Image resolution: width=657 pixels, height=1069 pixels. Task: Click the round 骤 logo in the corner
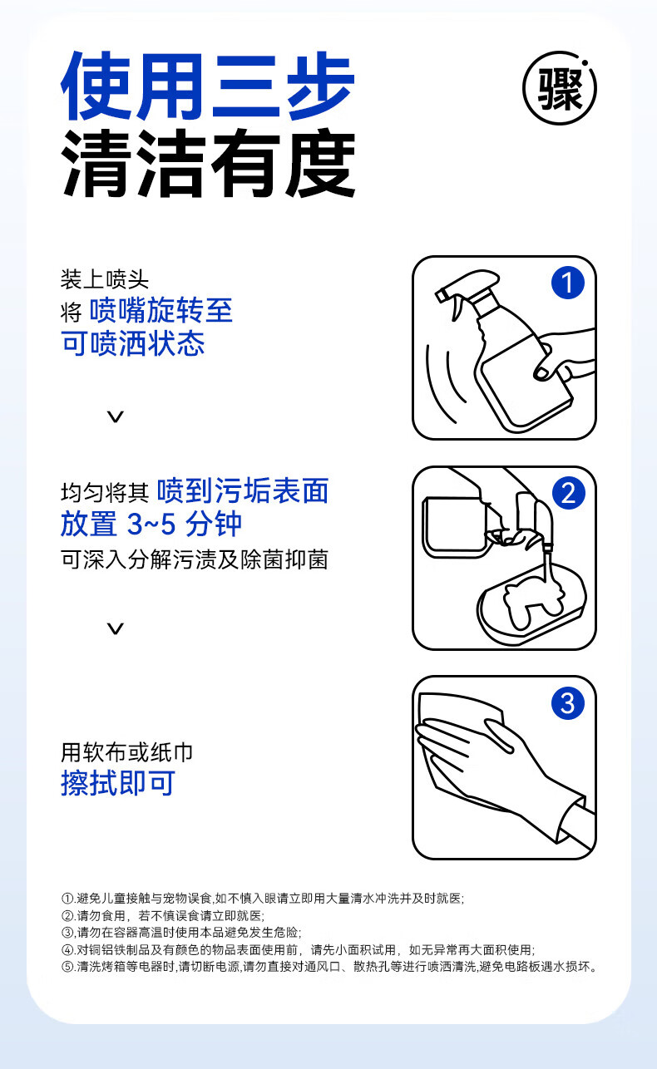pyautogui.click(x=559, y=88)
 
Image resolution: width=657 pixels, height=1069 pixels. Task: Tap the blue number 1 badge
pyautogui.click(x=568, y=283)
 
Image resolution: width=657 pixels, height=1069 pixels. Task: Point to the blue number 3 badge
pyautogui.click(x=568, y=703)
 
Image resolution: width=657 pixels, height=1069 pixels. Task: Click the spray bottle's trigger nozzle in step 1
pyautogui.click(x=466, y=286)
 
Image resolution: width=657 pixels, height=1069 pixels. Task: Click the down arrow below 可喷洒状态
pyautogui.click(x=115, y=416)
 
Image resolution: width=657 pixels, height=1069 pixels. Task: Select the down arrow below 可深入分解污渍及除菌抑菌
pyautogui.click(x=115, y=628)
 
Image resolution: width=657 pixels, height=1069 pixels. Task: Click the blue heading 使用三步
pyautogui.click(x=208, y=86)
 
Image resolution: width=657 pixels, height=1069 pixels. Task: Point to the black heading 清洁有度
pyautogui.click(x=209, y=163)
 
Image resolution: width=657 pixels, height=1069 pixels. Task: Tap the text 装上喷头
pyautogui.click(x=105, y=279)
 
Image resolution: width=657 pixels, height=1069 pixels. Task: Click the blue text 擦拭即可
pyautogui.click(x=118, y=783)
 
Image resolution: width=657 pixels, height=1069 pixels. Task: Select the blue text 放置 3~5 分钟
pyautogui.click(x=151, y=524)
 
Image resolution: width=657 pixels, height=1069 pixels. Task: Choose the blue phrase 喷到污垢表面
pyautogui.click(x=243, y=490)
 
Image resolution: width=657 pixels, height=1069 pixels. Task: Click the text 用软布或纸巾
pyautogui.click(x=126, y=752)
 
